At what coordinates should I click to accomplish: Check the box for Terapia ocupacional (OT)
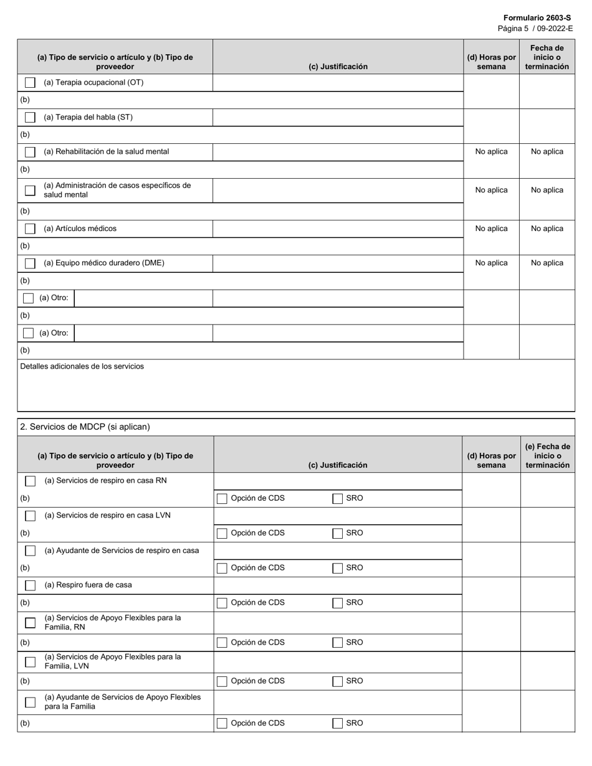30,83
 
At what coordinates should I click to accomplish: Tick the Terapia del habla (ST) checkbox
30,118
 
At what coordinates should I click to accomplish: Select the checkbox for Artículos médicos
30,229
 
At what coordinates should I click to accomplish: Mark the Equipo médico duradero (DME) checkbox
30,263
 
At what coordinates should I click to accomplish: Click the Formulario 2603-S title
537,18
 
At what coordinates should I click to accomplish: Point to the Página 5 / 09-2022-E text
535,29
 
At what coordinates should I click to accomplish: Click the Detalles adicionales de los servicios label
82,366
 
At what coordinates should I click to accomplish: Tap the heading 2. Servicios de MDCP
85,427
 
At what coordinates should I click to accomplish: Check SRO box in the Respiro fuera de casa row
338,603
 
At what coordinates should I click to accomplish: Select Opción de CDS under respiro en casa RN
222,498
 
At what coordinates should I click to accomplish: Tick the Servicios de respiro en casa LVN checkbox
30,516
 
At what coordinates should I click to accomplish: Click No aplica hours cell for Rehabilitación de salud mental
491,151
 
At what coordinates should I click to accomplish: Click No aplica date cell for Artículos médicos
547,229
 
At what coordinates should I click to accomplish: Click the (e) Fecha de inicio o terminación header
547,456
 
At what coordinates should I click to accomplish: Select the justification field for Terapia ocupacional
338,83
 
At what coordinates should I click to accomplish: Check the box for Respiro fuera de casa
30,585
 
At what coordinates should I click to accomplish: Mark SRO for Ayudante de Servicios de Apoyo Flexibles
338,723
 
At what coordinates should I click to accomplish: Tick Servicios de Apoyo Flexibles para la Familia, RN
30,623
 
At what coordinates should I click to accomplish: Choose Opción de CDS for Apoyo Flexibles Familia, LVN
222,681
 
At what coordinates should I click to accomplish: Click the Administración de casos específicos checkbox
30,190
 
